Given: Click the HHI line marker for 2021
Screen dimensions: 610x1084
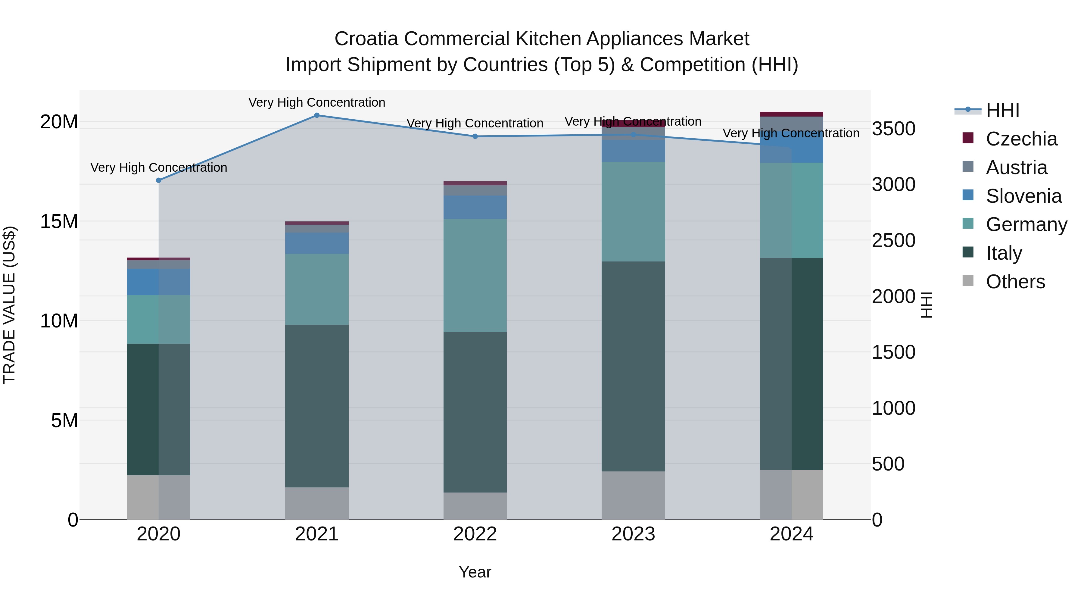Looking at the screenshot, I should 317,115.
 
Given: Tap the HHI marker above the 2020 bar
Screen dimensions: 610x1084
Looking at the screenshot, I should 159,180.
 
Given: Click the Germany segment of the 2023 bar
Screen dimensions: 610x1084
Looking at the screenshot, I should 633,212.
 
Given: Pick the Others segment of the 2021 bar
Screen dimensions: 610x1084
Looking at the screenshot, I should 317,503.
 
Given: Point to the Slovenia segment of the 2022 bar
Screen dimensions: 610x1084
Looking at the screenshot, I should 475,207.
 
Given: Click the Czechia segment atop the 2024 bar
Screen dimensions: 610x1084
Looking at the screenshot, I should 792,114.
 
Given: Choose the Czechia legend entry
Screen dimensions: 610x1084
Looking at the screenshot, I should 1021,139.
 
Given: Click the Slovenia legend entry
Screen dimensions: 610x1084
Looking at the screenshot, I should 1023,196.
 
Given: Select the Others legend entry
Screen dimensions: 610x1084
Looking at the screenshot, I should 1015,282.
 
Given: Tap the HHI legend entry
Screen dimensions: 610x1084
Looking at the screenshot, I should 1002,110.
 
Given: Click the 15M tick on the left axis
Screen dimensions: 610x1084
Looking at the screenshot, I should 59,221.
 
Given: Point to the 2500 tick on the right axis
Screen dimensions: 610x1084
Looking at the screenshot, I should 893,240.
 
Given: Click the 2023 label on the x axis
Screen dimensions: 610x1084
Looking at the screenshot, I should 633,534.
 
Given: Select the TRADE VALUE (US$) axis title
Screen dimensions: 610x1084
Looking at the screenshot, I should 9,305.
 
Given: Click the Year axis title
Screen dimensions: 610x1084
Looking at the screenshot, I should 475,572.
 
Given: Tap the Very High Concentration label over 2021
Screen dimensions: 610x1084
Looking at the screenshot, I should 317,102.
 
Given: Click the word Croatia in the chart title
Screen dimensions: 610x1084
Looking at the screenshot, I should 366,39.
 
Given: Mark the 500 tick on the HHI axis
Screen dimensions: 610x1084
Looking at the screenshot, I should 888,464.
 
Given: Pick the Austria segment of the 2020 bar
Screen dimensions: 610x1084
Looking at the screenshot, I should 159,264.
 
